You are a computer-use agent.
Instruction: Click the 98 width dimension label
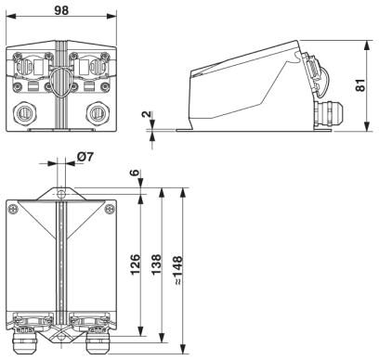(x=61, y=10)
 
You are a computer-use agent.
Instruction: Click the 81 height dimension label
(x=360, y=85)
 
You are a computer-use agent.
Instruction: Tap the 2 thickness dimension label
(x=147, y=114)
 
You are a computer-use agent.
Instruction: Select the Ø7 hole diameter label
(x=85, y=157)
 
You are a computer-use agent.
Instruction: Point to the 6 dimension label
(x=135, y=173)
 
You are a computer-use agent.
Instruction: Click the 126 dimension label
(x=135, y=264)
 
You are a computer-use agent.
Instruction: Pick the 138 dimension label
(x=156, y=264)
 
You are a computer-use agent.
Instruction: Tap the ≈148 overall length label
(x=178, y=270)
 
